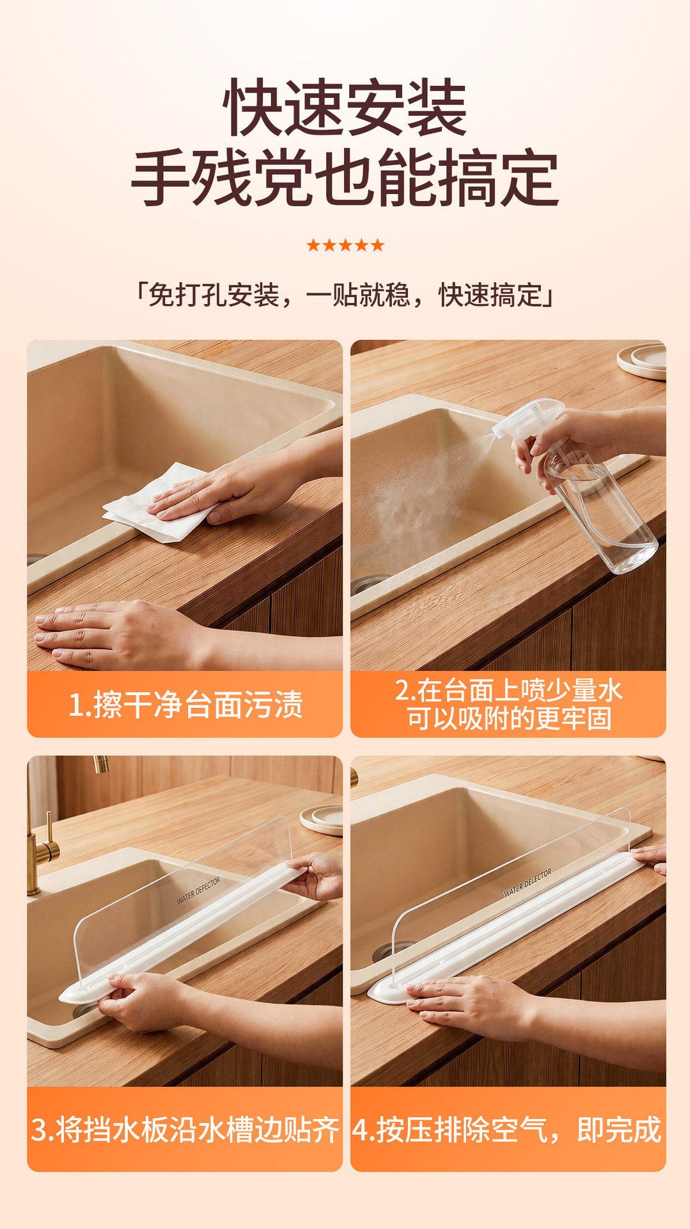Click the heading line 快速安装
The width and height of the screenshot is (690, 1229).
(x=345, y=107)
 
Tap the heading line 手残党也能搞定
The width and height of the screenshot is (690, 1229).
(x=345, y=177)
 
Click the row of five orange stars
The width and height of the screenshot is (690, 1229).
(x=345, y=245)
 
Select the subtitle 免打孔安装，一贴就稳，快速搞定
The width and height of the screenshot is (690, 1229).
(x=345, y=295)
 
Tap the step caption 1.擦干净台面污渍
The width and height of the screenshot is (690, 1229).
(x=185, y=705)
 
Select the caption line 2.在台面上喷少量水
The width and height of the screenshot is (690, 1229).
(x=508, y=690)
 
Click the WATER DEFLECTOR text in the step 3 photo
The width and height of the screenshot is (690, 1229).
(x=199, y=890)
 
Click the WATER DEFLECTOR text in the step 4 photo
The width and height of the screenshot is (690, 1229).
(x=528, y=883)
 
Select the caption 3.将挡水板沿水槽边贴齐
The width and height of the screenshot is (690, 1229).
(x=185, y=1130)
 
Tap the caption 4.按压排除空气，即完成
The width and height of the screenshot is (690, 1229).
(x=507, y=1130)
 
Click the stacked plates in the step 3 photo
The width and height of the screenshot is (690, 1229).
(x=322, y=819)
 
